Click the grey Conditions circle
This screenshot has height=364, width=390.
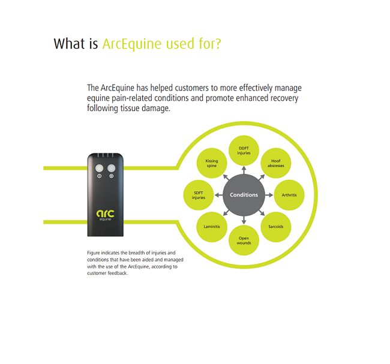tap(244, 195)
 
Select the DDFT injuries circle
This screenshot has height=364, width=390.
tap(244, 151)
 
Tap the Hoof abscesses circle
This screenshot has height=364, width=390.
tap(276, 163)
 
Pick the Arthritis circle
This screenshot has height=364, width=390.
tap(289, 195)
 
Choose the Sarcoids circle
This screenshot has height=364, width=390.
tap(276, 227)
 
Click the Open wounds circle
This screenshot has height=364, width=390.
tap(244, 240)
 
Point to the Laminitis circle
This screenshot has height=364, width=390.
tap(212, 227)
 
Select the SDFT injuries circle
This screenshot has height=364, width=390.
tap(199, 195)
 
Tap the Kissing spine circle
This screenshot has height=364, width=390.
tap(212, 163)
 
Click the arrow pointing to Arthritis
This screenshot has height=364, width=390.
tap(269, 195)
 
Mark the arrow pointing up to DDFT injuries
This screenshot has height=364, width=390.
tap(244, 170)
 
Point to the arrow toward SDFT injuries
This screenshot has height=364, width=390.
tap(218, 195)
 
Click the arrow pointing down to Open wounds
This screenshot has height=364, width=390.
tap(244, 220)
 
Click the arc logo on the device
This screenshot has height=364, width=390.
tap(106, 215)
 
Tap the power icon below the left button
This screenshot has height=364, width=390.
tap(99, 176)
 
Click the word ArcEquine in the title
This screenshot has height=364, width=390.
tap(132, 44)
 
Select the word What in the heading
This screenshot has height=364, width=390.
tap(70, 44)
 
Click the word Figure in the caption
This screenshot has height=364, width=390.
tap(93, 253)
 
